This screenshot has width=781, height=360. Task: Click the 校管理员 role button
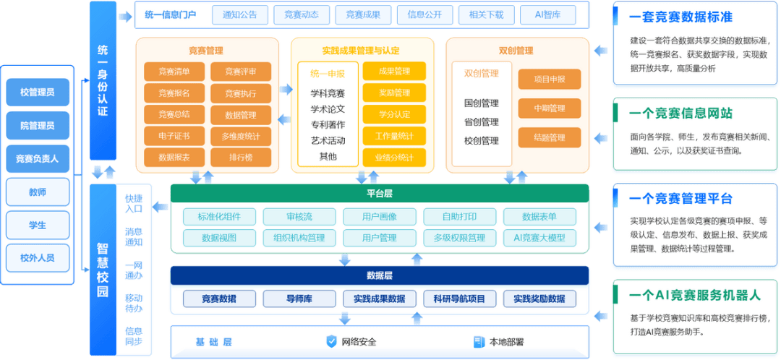[x=38, y=92]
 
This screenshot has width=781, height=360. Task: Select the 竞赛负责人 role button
[x=38, y=158]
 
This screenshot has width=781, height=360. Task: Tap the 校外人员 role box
[x=38, y=257]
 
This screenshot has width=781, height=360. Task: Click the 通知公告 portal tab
[x=240, y=14]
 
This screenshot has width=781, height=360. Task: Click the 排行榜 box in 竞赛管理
[x=241, y=157]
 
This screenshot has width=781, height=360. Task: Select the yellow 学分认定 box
[x=394, y=114]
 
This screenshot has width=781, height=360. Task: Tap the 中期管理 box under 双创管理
[x=550, y=108]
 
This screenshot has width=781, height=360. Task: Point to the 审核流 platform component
[x=299, y=216]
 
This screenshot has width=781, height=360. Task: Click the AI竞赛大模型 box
[x=539, y=238]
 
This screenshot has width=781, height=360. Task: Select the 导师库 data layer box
[x=299, y=299]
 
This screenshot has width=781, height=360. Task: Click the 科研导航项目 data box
[x=459, y=299]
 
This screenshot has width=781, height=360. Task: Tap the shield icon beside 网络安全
[x=332, y=341]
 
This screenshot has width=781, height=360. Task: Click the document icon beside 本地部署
[x=479, y=341]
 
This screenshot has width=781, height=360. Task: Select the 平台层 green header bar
[x=380, y=194]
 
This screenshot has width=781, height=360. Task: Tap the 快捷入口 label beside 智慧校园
[x=134, y=203]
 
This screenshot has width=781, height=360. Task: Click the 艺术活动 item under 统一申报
[x=328, y=140]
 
